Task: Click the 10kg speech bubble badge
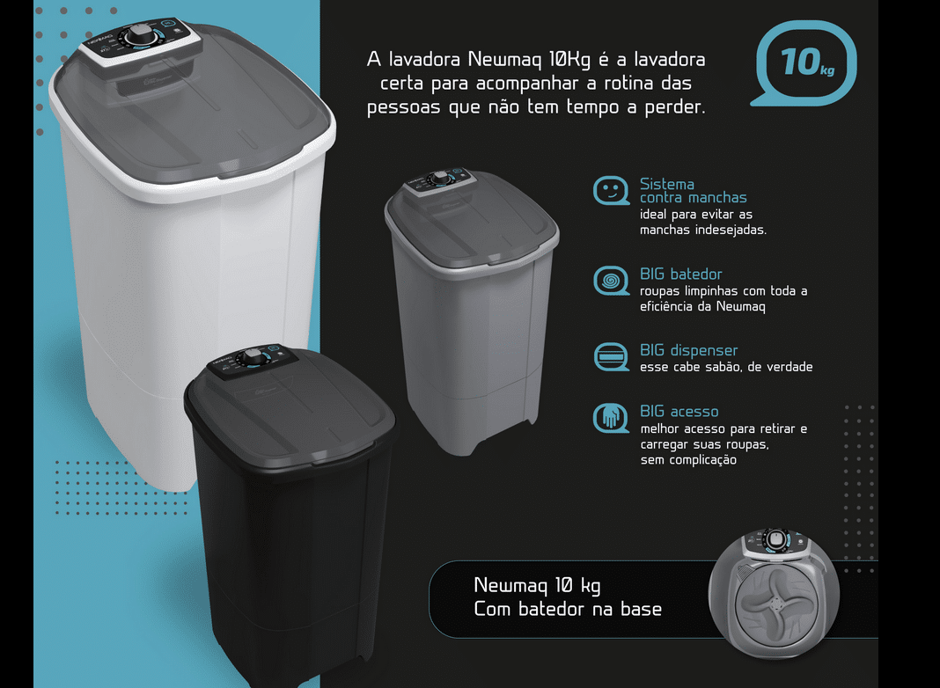coord(804,63)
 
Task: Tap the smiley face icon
coord(611,191)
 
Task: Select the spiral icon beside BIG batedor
coord(611,281)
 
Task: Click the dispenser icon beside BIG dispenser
coord(611,357)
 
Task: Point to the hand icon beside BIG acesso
coord(611,417)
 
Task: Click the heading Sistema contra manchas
coord(693,191)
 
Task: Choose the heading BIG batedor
coord(680,274)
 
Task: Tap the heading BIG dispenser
coord(688,350)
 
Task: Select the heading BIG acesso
coord(679,411)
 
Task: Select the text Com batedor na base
coord(568,609)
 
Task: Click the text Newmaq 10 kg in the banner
coord(537,586)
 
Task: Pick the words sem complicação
coord(688,459)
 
